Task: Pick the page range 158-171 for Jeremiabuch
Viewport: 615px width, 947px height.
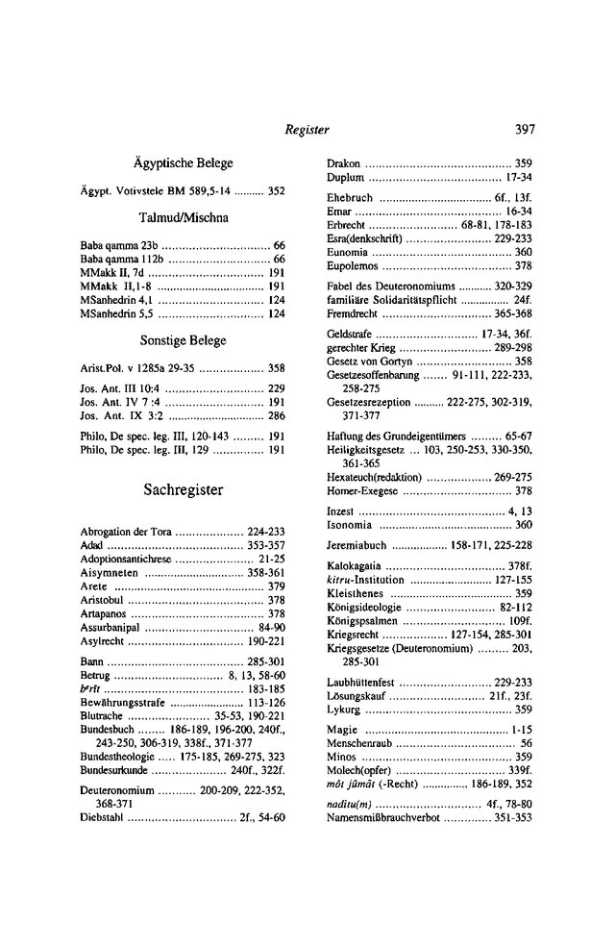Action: [x=452, y=544]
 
